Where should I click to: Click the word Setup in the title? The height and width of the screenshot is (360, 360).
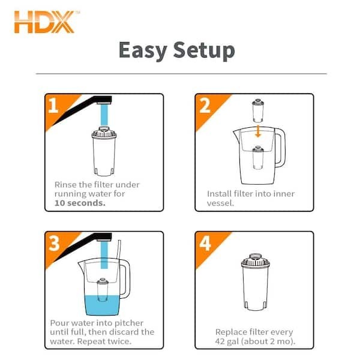[x=208, y=51]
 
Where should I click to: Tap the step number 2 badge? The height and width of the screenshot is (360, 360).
[x=205, y=106]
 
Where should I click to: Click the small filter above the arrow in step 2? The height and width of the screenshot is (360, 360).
[x=257, y=112]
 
